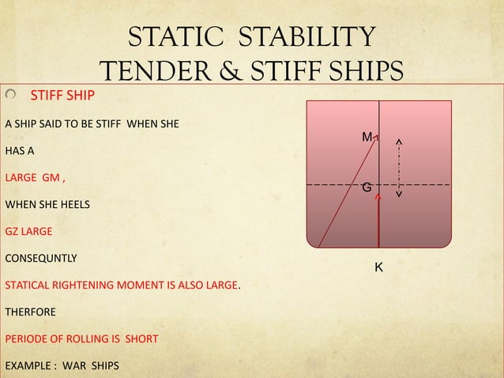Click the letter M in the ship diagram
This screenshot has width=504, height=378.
pyautogui.click(x=367, y=138)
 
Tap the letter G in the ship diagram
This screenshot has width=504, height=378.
pyautogui.click(x=367, y=187)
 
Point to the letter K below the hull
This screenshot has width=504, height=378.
pyautogui.click(x=378, y=268)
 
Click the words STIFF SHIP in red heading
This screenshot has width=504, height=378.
pyautogui.click(x=62, y=96)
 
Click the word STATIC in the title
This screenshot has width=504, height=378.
pyautogui.click(x=173, y=37)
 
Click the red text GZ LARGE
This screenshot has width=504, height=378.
pyautogui.click(x=29, y=232)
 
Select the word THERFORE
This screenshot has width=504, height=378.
pyautogui.click(x=31, y=312)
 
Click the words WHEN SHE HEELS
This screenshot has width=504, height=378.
pyautogui.click(x=47, y=205)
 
